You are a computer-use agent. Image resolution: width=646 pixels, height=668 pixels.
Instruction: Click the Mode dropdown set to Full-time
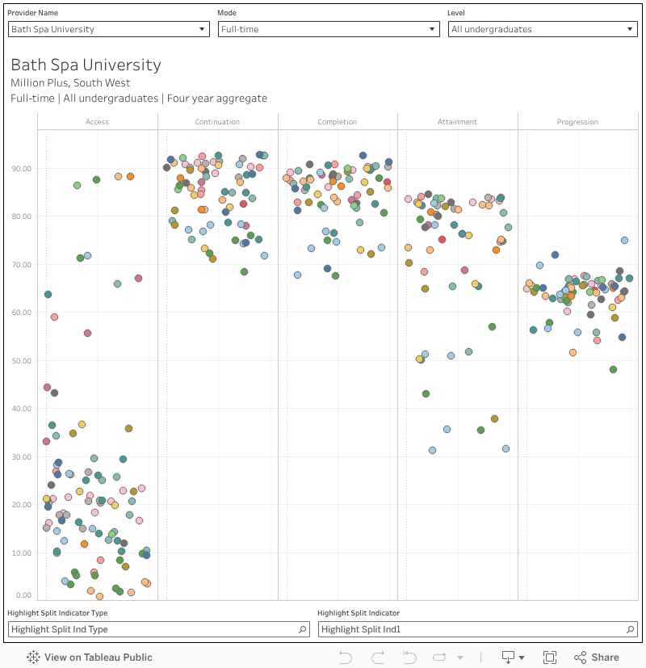pyautogui.click(x=328, y=29)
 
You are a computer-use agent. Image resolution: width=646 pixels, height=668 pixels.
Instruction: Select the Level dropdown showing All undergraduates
pyautogui.click(x=543, y=29)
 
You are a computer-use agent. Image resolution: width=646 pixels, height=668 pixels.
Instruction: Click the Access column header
pyautogui.click(x=97, y=122)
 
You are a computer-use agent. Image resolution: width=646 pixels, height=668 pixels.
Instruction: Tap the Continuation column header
pyautogui.click(x=217, y=122)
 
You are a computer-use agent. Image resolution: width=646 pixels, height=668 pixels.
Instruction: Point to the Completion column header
pyautogui.click(x=338, y=122)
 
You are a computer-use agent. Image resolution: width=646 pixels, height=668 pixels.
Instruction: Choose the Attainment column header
pyautogui.click(x=457, y=122)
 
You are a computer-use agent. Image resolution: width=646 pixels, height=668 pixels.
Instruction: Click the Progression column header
pyautogui.click(x=577, y=122)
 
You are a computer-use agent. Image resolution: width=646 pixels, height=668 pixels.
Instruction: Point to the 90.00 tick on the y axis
pyautogui.click(x=21, y=169)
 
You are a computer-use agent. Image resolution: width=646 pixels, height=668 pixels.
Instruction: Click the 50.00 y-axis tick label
pyautogui.click(x=21, y=360)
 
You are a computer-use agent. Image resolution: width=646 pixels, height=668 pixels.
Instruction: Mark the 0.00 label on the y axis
pyautogui.click(x=23, y=596)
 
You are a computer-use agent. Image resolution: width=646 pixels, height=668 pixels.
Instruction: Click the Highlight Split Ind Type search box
pyautogui.click(x=158, y=629)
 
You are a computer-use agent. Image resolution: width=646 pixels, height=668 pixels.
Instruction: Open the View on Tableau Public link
pyautogui.click(x=90, y=657)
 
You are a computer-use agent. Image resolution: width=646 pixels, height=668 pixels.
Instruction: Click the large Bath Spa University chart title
pyautogui.click(x=86, y=65)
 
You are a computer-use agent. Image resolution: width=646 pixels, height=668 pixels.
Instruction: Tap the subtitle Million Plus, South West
pyautogui.click(x=70, y=82)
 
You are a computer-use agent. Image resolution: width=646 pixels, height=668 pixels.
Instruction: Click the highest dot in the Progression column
pyautogui.click(x=624, y=240)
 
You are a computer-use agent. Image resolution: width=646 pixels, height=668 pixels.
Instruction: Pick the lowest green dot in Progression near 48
pyautogui.click(x=613, y=369)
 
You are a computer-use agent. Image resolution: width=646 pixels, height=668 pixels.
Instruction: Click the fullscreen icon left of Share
pyautogui.click(x=550, y=657)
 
